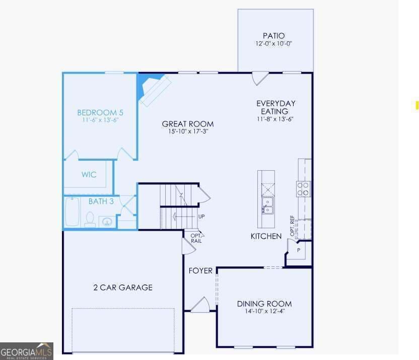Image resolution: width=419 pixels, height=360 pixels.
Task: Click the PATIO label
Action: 273,36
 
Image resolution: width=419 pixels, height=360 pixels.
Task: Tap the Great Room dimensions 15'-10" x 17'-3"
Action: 188,131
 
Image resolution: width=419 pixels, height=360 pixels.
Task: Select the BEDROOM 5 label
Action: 100,113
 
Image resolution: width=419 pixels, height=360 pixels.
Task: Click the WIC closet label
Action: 89,175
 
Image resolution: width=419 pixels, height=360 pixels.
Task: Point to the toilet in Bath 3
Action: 90,219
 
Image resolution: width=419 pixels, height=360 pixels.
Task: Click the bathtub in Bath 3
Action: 72,211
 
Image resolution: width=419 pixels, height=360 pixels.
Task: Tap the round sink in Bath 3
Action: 107,222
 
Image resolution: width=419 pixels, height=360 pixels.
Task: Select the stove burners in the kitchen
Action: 303,189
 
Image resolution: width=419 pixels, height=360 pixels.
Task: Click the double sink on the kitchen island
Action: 267,205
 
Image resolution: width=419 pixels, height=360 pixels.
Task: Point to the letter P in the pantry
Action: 299,250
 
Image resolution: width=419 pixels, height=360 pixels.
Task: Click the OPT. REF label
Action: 292,226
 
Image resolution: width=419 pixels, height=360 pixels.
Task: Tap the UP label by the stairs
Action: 201,217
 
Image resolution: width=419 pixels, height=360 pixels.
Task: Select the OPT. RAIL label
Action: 196,239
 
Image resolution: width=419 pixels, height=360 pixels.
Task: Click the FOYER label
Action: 200,271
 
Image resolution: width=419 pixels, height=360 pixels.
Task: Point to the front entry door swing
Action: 200,305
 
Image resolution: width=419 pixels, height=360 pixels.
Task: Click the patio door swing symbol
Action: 260,78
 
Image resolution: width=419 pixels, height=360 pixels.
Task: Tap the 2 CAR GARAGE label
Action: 123,287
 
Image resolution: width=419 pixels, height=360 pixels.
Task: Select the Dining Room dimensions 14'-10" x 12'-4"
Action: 265,311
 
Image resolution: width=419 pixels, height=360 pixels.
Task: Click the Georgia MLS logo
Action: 27,351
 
